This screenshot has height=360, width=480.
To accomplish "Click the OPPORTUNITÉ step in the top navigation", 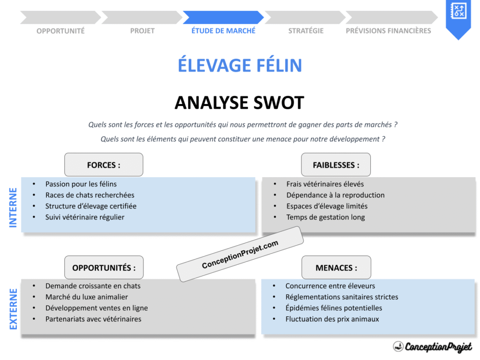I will click(x=60, y=31).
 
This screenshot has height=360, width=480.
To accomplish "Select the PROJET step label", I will click(x=142, y=31).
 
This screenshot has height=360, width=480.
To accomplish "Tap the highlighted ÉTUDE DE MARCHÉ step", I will click(x=224, y=30).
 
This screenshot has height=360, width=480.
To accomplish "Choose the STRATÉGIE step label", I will click(x=306, y=31).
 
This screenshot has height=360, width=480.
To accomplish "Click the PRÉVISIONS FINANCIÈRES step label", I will click(x=388, y=31).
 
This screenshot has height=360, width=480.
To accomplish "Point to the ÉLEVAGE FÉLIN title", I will click(x=240, y=65).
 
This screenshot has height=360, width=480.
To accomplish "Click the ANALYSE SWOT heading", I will click(x=240, y=103).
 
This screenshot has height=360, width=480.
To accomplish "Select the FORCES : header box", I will click(x=104, y=165).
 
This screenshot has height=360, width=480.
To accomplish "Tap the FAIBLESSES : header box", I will click(x=336, y=165).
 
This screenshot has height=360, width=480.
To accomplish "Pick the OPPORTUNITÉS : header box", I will click(x=104, y=268).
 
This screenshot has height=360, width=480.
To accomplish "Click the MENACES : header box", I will click(x=336, y=268).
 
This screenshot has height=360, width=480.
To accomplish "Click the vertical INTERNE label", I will click(x=13, y=208).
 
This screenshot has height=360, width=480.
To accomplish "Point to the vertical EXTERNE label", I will click(x=13, y=309).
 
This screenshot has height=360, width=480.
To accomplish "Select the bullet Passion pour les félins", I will click(x=81, y=184).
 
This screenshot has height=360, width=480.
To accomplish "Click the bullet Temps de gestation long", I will click(x=325, y=217).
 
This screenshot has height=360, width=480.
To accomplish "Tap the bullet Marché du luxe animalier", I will click(x=86, y=297).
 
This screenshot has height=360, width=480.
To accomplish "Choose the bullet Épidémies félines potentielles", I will click(x=333, y=308).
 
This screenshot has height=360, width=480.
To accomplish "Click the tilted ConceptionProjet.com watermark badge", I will click(x=240, y=255).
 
